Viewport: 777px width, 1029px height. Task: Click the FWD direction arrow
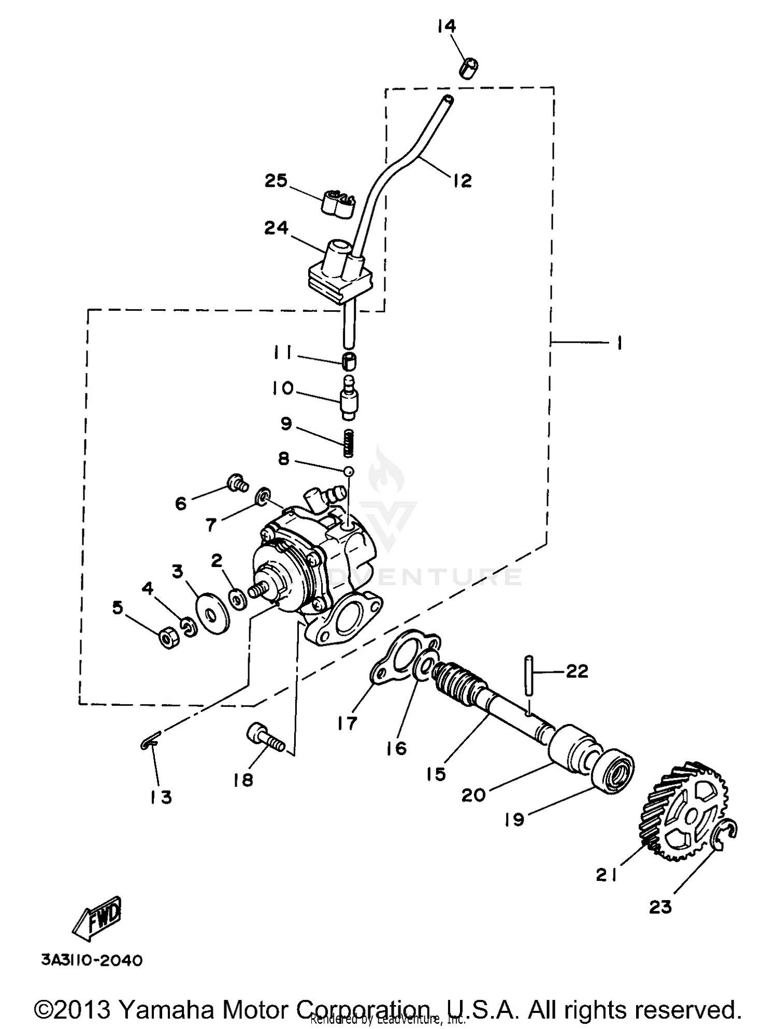point(97,918)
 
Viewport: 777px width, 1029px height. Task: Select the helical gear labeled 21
point(684,813)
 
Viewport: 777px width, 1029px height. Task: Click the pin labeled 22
point(528,676)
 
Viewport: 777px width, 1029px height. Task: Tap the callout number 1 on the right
point(620,342)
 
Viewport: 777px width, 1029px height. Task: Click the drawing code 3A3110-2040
point(92,961)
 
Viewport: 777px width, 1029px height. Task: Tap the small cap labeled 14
point(469,69)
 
